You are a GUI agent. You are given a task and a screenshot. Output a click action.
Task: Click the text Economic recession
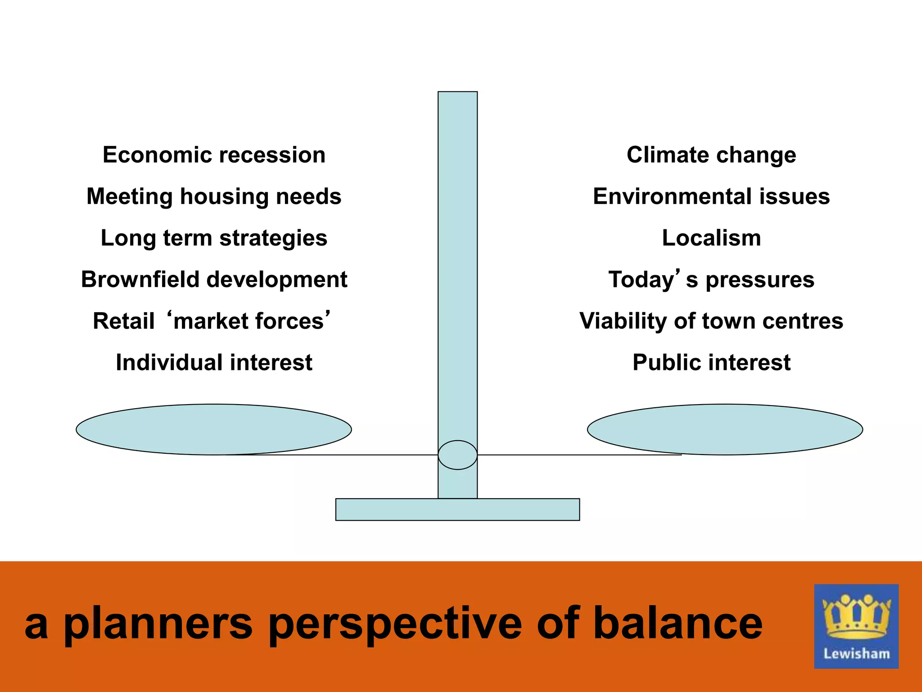(x=214, y=155)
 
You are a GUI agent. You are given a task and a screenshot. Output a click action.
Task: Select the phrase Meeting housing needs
(x=214, y=197)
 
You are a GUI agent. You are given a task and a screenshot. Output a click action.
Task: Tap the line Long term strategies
(x=214, y=238)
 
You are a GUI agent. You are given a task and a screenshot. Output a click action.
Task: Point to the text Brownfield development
(x=214, y=280)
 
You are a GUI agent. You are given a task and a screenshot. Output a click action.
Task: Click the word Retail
(x=123, y=321)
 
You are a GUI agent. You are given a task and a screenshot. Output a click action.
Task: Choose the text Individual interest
(x=214, y=363)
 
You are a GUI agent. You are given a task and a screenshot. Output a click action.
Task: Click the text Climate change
(x=711, y=155)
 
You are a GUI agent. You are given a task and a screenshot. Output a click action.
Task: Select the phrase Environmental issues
(x=711, y=197)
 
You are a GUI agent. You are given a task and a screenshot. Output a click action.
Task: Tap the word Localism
(x=711, y=238)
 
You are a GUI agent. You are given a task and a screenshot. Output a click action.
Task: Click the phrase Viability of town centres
(x=711, y=321)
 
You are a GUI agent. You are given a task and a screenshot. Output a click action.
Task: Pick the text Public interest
(x=711, y=363)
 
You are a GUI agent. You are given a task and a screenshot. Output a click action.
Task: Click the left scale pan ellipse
(x=214, y=429)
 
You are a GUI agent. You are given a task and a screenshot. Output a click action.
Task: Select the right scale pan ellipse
(x=725, y=429)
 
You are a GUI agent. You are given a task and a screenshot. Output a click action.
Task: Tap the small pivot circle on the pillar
(x=457, y=455)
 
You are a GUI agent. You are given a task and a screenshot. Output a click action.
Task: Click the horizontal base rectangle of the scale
(x=457, y=510)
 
